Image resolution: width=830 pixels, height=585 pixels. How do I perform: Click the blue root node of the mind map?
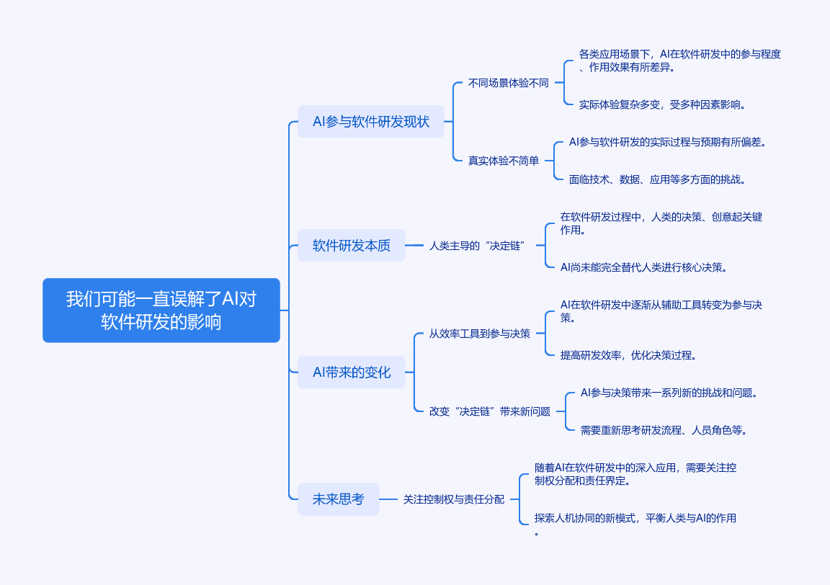coord(161,311)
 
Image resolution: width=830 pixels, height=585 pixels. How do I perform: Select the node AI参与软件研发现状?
coord(370,122)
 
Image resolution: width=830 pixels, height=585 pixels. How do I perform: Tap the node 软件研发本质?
coord(351,246)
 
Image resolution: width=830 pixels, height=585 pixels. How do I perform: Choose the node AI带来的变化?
coord(351,372)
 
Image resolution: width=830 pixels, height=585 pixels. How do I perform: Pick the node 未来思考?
coord(338,499)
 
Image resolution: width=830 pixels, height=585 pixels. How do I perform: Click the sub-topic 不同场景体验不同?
coord(508,83)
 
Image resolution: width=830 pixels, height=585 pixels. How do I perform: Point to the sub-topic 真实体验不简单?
coord(504,161)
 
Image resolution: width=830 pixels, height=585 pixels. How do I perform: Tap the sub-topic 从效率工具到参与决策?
coord(480,334)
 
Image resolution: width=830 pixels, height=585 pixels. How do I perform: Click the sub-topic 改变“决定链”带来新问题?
coord(490,411)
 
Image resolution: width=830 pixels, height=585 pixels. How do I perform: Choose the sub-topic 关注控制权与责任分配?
coord(454,499)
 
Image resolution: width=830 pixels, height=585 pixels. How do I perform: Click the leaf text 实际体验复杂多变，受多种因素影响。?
coord(662,104)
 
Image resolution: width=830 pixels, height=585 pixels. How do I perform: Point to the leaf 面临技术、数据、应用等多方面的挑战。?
coord(657,179)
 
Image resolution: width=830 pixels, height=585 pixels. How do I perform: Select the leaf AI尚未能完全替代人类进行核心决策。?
coord(643,267)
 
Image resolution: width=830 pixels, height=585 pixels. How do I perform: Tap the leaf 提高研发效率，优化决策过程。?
coord(628,355)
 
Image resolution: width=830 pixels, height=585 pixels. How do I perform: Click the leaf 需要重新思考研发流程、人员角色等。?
coord(664,430)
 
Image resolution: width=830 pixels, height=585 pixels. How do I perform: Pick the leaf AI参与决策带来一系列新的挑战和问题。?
coord(669,393)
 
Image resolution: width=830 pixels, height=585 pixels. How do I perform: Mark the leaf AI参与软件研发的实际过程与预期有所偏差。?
coord(667,142)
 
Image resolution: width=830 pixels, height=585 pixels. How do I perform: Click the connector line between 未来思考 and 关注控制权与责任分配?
coord(388,499)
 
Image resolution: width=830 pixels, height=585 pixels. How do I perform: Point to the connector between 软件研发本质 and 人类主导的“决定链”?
coord(414,246)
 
